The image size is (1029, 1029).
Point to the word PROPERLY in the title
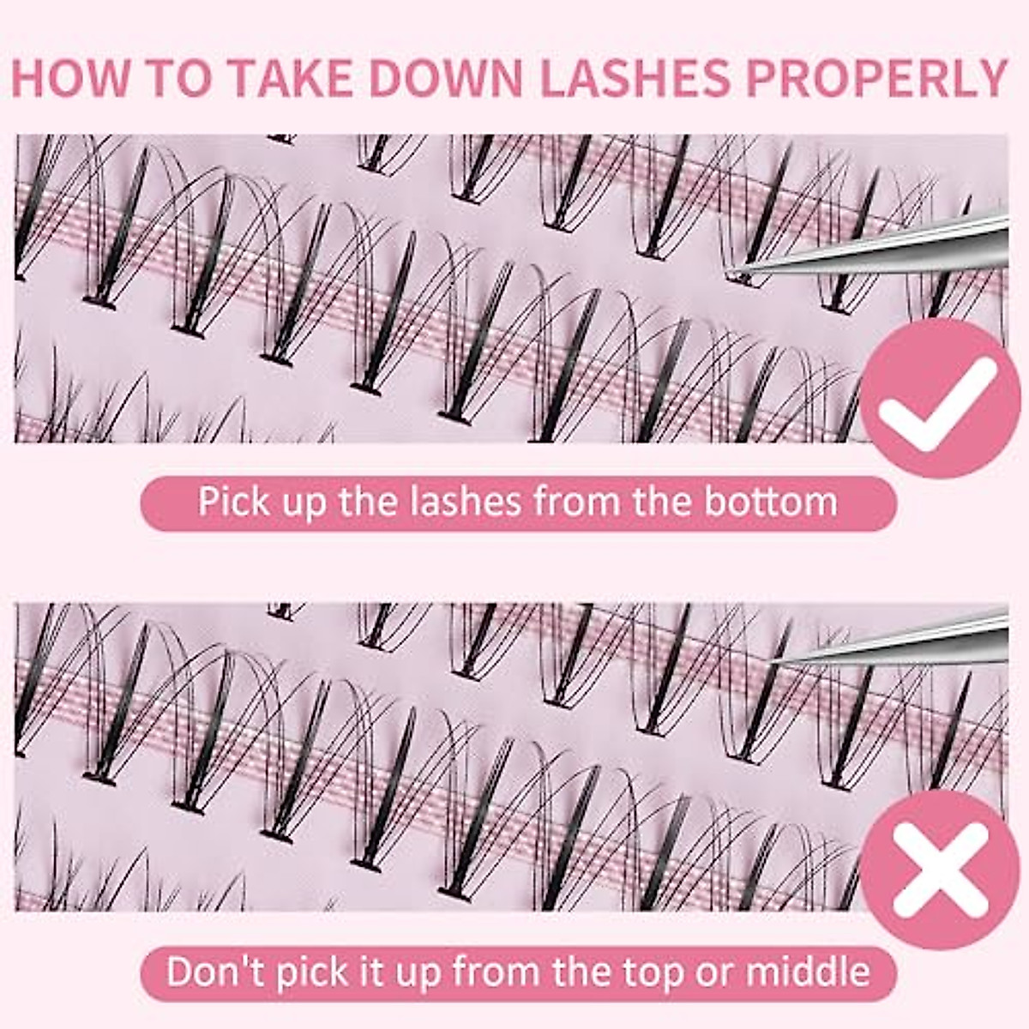[x=876, y=78]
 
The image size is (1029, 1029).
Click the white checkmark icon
[x=936, y=394]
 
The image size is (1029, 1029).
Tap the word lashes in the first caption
[x=461, y=501]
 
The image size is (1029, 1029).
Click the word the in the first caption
[x=365, y=501]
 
